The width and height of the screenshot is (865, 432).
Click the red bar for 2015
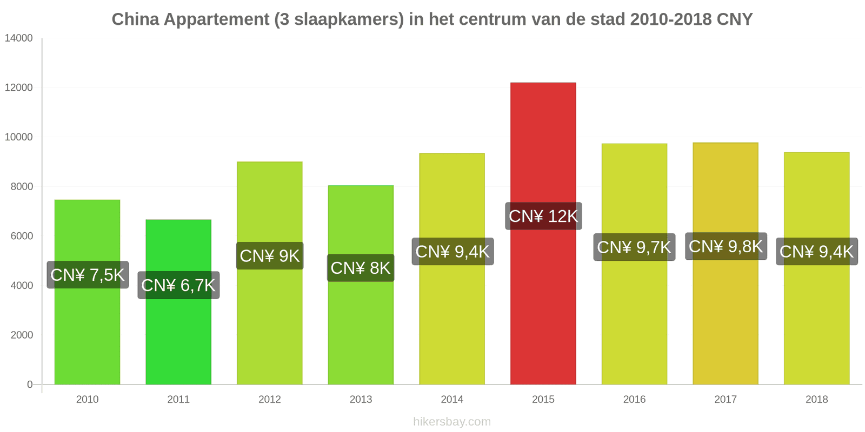tap(543, 233)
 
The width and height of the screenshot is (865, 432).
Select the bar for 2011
tap(178, 302)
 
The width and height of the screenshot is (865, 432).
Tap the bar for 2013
tap(361, 285)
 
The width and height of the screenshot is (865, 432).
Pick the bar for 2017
tap(725, 264)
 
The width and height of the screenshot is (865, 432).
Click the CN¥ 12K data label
tap(543, 216)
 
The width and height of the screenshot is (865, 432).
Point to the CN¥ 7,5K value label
tap(88, 275)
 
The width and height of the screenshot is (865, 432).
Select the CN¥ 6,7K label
tap(178, 285)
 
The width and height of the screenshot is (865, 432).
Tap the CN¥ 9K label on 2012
tap(270, 256)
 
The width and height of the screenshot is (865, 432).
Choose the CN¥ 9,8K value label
tap(726, 246)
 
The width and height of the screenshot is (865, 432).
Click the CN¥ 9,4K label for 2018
tap(817, 251)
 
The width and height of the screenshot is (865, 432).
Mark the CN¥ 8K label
tap(361, 268)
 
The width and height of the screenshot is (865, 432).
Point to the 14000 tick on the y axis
tap(18, 38)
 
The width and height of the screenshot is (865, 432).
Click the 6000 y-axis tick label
tap(22, 236)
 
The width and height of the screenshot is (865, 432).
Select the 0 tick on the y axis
tap(30, 384)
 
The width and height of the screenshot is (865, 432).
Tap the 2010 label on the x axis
tap(87, 399)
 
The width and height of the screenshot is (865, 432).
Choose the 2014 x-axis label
tap(452, 399)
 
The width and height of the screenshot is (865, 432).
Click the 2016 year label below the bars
tap(634, 399)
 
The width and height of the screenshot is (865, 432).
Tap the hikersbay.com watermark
tap(452, 421)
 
